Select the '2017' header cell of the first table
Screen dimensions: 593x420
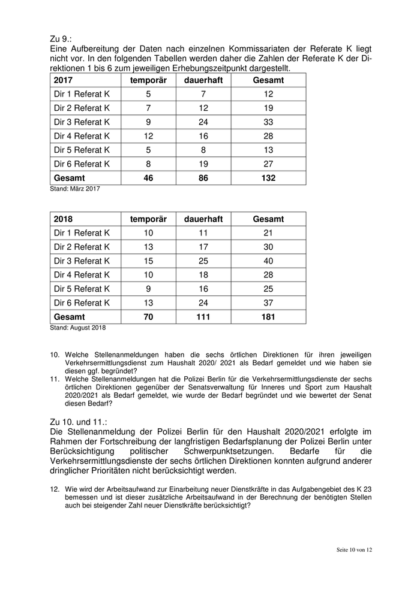pyautogui.click(x=64, y=80)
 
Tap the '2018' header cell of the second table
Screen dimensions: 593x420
pyautogui.click(x=64, y=219)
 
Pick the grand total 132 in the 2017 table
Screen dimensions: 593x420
pyautogui.click(x=268, y=178)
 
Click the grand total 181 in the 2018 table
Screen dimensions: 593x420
pyautogui.click(x=268, y=317)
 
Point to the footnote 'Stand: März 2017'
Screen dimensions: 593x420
pyautogui.click(x=75, y=189)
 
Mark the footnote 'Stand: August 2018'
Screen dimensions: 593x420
pyautogui.click(x=79, y=328)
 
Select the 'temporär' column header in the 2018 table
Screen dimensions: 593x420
pyautogui.click(x=149, y=219)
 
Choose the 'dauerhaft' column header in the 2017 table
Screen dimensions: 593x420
pyautogui.click(x=203, y=80)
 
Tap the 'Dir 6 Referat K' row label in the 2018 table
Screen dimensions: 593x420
pyautogui.click(x=82, y=303)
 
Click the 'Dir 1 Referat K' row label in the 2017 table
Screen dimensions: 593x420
pyautogui.click(x=82, y=94)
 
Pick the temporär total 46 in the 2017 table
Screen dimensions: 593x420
pyautogui.click(x=149, y=178)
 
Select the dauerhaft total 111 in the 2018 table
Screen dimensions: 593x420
pyautogui.click(x=203, y=317)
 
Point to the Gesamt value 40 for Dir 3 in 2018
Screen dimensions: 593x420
pyautogui.click(x=268, y=261)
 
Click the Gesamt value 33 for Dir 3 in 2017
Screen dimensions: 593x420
pyautogui.click(x=268, y=122)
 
